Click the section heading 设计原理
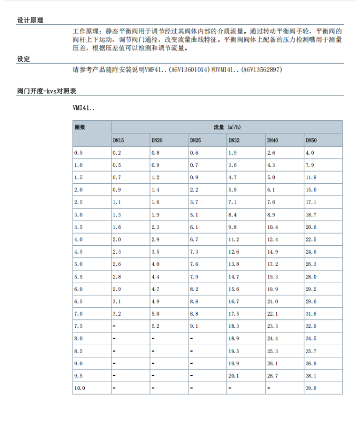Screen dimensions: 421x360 (x=30, y=21)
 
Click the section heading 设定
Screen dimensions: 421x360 (x=24, y=59)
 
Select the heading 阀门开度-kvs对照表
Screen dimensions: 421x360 (x=47, y=92)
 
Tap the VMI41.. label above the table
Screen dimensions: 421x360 (x=84, y=108)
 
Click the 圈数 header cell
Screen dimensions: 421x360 (x=80, y=127)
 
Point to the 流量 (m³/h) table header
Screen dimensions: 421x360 (x=227, y=127)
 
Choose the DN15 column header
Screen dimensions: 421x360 (x=118, y=141)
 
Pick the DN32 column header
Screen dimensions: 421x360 (x=234, y=141)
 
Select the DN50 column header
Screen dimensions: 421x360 (x=311, y=141)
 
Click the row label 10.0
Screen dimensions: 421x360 (x=79, y=388)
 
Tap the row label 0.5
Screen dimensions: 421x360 (x=78, y=153)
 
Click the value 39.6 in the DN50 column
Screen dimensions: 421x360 (x=311, y=388)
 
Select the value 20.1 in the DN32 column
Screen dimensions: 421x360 (x=234, y=376)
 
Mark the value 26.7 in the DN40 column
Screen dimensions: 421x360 (x=273, y=376)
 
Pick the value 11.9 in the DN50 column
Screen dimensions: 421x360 (x=311, y=177)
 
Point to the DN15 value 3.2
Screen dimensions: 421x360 (x=117, y=314)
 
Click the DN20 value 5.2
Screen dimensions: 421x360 (x=155, y=326)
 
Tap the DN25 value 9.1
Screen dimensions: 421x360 (x=194, y=326)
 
